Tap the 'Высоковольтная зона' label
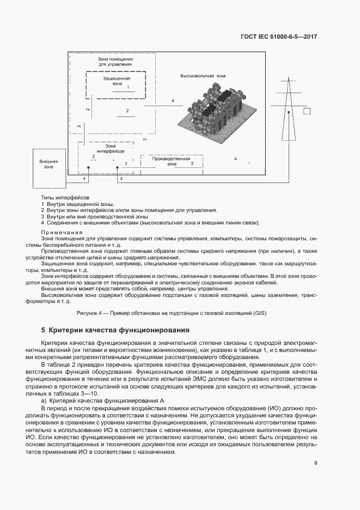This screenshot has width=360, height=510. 203,76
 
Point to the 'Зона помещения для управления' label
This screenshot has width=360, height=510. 115,61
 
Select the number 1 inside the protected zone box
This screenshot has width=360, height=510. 128,87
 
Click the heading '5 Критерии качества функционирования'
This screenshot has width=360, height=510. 115,330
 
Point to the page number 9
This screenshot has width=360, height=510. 315,463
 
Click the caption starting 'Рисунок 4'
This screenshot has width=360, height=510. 179,314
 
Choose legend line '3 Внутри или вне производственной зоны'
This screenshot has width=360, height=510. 93,216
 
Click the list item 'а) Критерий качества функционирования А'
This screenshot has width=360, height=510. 103,400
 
